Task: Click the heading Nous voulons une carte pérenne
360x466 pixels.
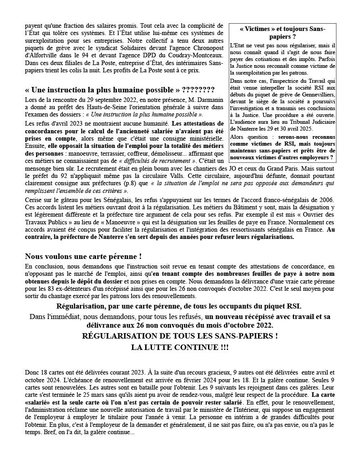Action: pos(80,256)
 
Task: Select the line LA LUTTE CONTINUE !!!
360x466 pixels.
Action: pos(180,347)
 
